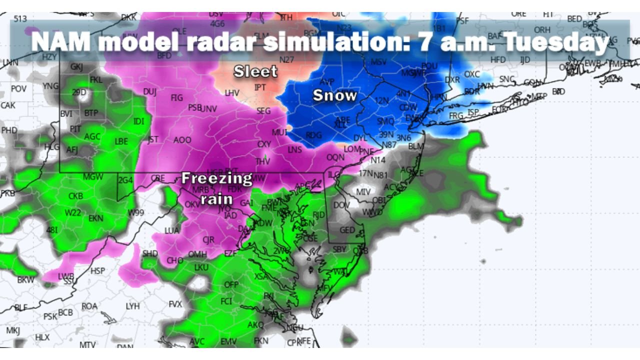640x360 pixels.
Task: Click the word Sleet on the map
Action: [255, 71]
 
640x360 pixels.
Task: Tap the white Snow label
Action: [334, 95]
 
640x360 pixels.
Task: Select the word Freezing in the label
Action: [216, 178]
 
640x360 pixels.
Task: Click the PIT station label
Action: [75, 128]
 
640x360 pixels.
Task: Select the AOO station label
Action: [182, 140]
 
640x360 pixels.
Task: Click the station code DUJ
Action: [149, 91]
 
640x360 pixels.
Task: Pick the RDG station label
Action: [313, 135]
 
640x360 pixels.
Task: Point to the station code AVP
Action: [326, 81]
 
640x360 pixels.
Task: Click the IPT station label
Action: [260, 87]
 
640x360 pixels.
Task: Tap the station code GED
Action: [347, 230]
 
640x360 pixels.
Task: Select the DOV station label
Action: [341, 205]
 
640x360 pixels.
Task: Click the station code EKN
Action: [96, 218]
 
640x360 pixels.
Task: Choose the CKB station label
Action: [75, 196]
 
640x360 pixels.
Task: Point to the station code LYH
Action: [132, 306]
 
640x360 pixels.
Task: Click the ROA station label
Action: [89, 306]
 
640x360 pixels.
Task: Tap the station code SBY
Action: [339, 249]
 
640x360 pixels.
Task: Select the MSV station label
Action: [378, 62]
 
